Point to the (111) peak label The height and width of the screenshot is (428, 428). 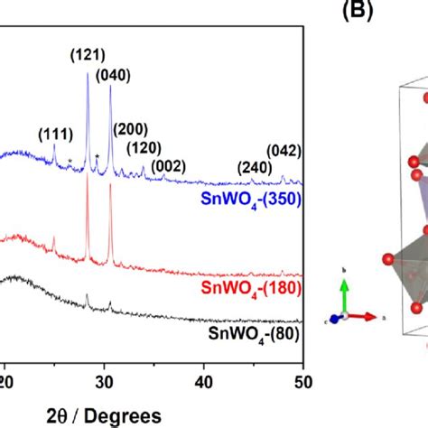pos(56,135)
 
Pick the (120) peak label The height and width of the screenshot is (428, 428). pos(144,148)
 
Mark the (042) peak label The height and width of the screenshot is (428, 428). pos(284,150)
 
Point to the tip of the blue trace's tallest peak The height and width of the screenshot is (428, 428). pos(88,73)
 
